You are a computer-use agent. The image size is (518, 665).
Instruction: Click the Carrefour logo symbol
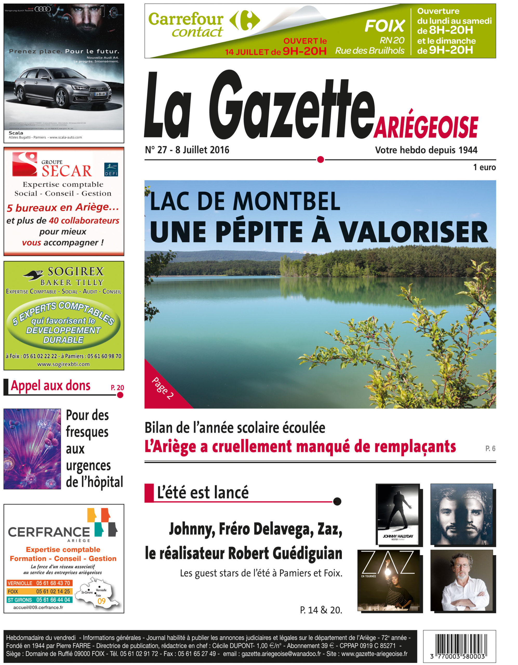(244, 21)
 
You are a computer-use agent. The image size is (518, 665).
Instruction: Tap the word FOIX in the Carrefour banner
(385, 26)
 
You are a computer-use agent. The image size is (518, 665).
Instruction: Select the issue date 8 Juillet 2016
(202, 150)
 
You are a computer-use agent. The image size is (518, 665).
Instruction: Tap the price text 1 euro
(484, 167)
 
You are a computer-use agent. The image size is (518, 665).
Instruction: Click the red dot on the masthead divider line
(320, 159)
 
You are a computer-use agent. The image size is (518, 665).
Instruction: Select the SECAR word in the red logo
(67, 171)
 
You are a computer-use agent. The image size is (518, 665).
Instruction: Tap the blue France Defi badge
(111, 170)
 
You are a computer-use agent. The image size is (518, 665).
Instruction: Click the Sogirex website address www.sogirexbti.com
(63, 364)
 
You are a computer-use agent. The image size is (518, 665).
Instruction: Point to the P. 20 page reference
(117, 388)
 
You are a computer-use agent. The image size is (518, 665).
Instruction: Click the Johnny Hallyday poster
(398, 514)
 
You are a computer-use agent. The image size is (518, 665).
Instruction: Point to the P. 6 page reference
(490, 449)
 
